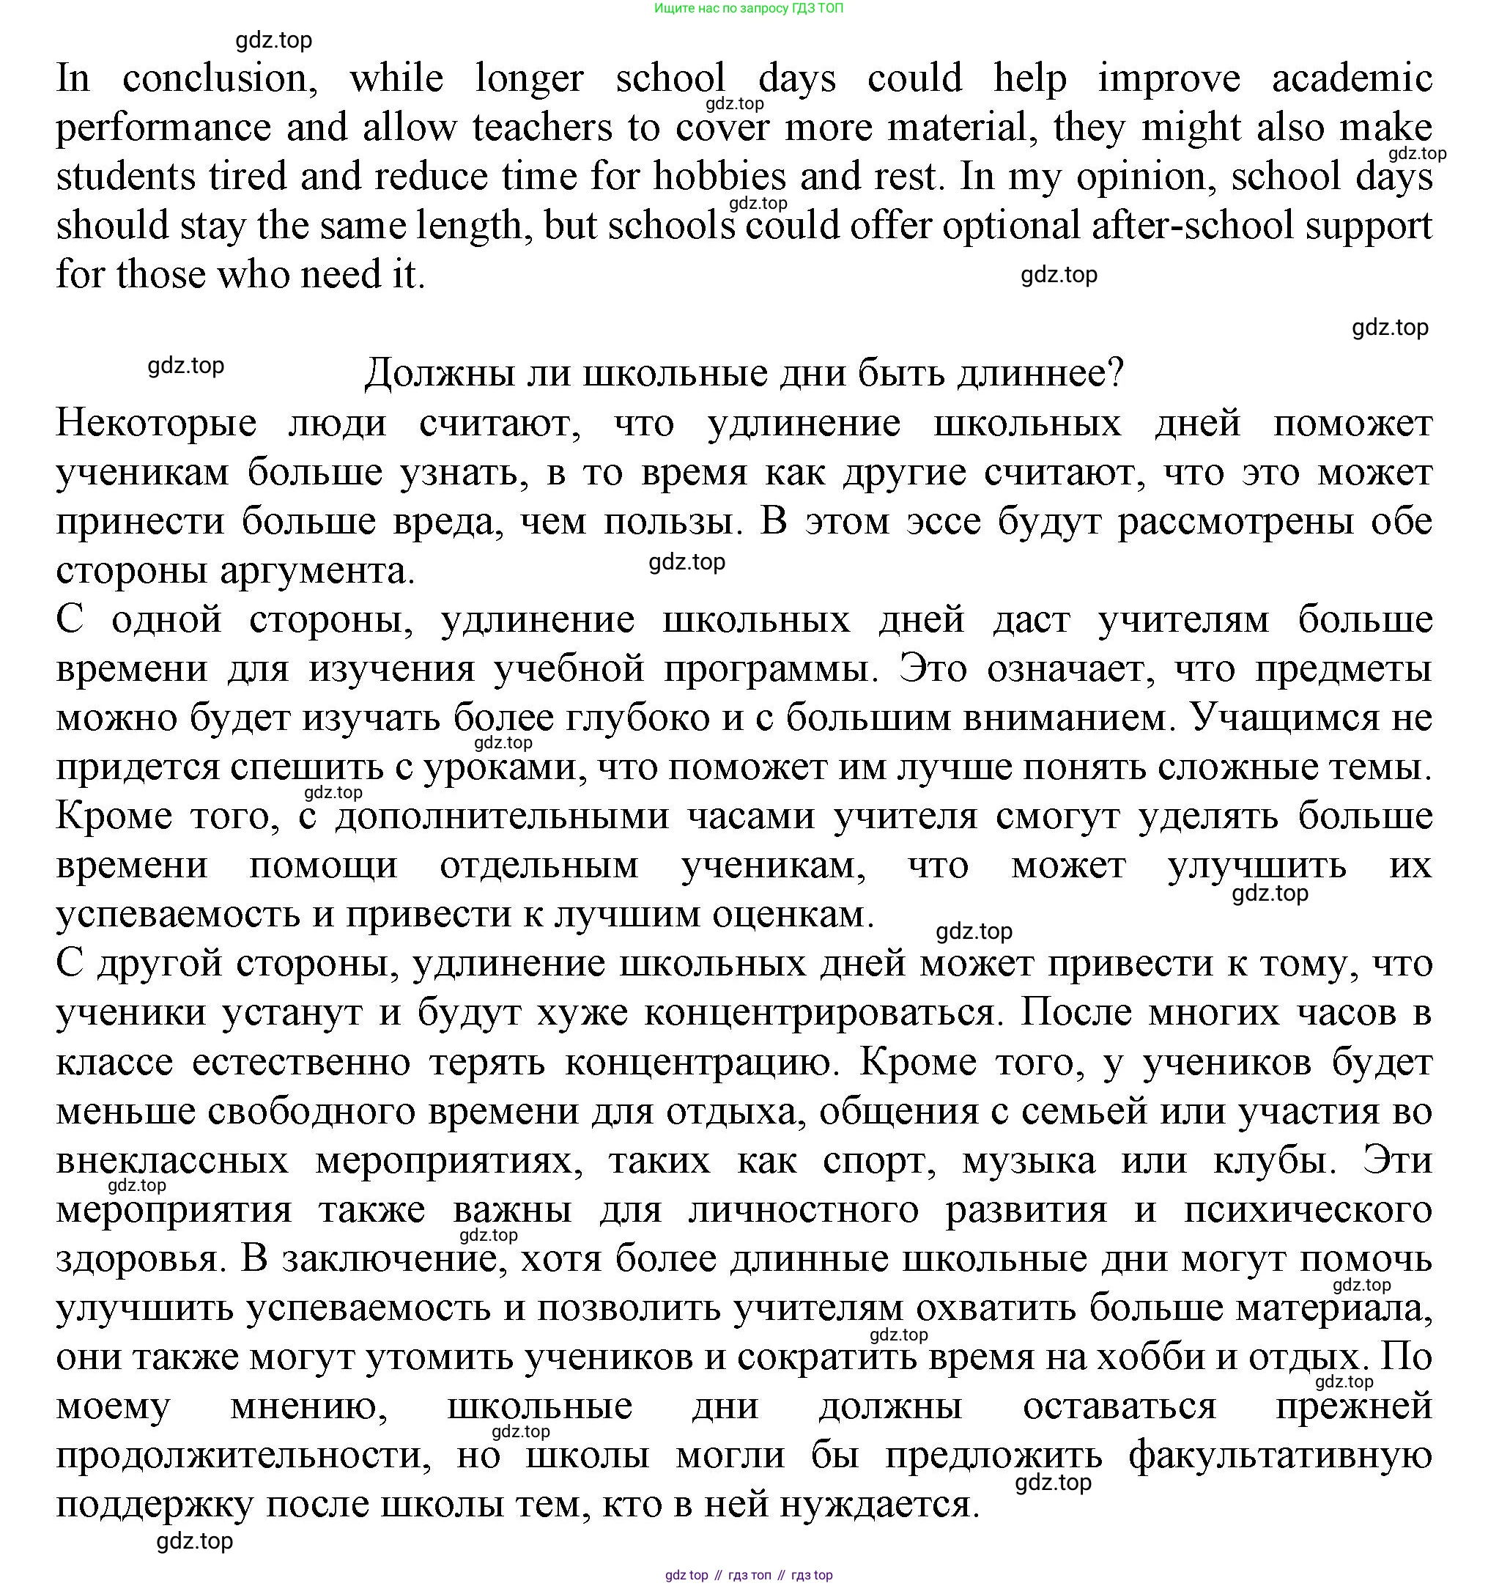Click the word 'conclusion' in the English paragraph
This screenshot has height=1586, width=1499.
coord(219,78)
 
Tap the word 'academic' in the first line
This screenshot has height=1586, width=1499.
coord(1352,78)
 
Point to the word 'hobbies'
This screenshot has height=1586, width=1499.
coord(720,177)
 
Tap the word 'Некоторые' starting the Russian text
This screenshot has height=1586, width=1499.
coord(156,423)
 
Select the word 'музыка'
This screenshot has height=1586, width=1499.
coord(1029,1161)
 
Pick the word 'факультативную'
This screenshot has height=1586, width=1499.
coord(1280,1456)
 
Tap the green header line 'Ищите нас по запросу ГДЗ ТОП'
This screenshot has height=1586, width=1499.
coord(749,9)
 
